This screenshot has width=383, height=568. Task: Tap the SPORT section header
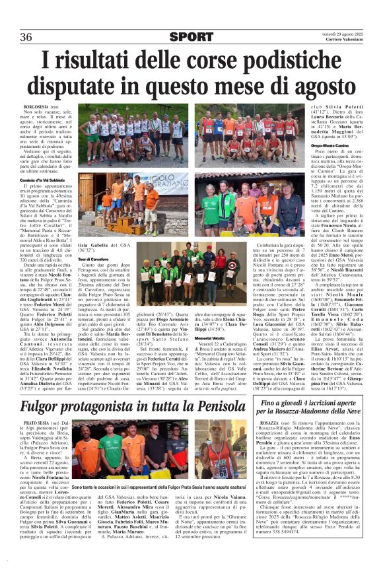[x=191, y=36]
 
